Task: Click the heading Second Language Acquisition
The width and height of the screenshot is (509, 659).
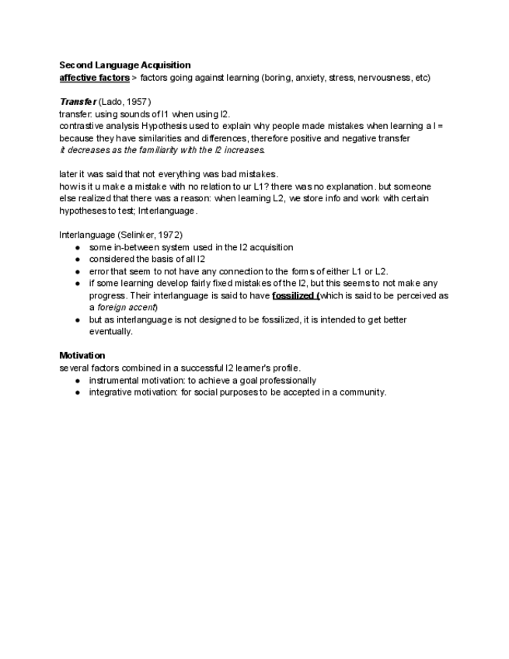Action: pyautogui.click(x=124, y=65)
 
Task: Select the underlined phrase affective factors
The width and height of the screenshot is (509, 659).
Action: pyautogui.click(x=94, y=78)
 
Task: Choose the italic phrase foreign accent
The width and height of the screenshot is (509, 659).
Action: pyautogui.click(x=128, y=307)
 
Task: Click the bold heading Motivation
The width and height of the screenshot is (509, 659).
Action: pyautogui.click(x=82, y=355)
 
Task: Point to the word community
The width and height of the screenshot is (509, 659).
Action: pyautogui.click(x=361, y=392)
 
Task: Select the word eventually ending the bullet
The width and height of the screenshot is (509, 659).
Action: pyautogui.click(x=110, y=331)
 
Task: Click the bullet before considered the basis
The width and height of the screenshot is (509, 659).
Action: pyautogui.click(x=78, y=260)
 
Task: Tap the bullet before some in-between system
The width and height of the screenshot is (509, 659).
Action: pyautogui.click(x=78, y=247)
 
